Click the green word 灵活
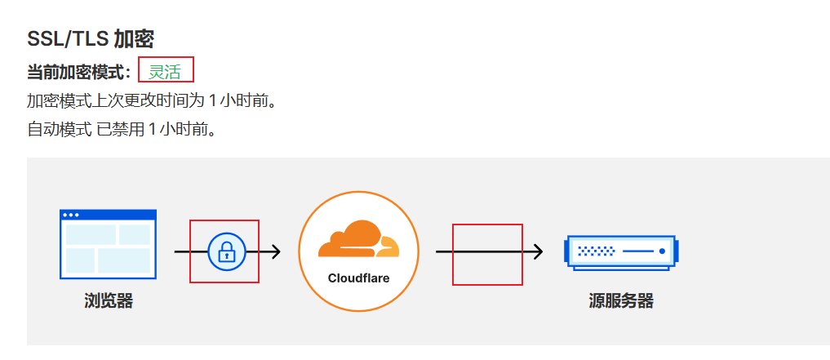(164, 72)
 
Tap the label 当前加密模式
(77, 72)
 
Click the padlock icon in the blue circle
(226, 251)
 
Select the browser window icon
(108, 244)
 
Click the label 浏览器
(108, 300)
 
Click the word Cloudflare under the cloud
(358, 278)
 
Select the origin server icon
(620, 251)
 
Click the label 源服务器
(620, 300)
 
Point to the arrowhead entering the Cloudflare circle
(275, 251)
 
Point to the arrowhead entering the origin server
(538, 251)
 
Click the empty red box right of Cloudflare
(487, 255)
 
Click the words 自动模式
(59, 129)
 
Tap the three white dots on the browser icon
(71, 215)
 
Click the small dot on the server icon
(662, 251)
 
